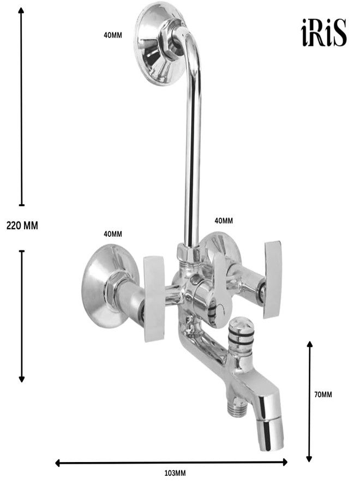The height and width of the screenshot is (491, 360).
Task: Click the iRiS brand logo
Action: [323, 33]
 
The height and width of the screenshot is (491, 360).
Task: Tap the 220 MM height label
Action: [22, 225]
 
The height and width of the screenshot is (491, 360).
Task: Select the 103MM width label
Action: [175, 473]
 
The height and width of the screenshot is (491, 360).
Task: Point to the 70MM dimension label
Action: [323, 394]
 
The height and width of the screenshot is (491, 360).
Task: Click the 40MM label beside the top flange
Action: [113, 35]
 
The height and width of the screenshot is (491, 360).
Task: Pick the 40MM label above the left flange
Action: [113, 234]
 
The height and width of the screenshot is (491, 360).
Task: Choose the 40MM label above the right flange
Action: [224, 221]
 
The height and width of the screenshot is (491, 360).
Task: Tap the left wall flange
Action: [108, 286]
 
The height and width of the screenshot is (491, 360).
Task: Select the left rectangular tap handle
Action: [154, 299]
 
